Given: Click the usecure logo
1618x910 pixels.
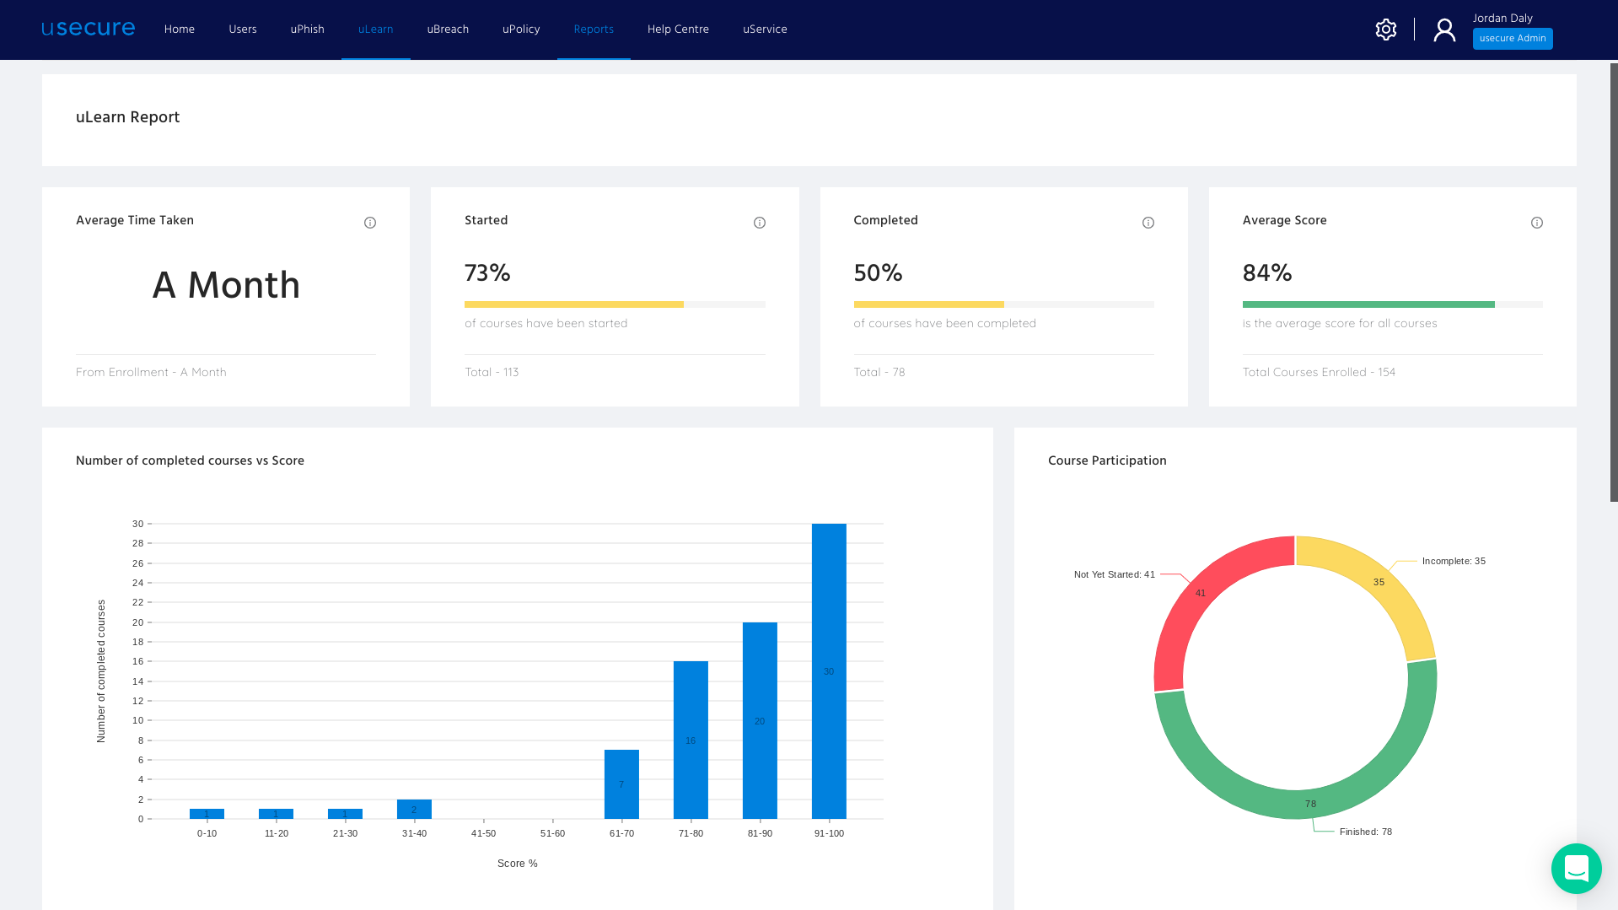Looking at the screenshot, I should tap(88, 29).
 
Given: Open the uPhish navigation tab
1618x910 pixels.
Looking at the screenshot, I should tap(307, 30).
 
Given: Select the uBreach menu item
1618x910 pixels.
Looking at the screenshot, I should tap(447, 30).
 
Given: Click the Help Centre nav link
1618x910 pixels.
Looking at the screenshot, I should tap(677, 30).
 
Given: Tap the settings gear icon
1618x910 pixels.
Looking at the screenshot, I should tap(1385, 30).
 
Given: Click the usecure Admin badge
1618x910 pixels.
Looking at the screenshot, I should tap(1512, 39).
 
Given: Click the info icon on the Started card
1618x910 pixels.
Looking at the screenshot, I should tap(759, 223).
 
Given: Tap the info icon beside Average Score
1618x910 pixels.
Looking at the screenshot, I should tap(1536, 223).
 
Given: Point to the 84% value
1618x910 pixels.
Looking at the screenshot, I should tap(1266, 273).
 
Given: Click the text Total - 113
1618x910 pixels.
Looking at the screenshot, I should tap(492, 372).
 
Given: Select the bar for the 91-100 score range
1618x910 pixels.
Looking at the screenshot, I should tap(828, 670).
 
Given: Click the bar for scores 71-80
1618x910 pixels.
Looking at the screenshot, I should tap(690, 740).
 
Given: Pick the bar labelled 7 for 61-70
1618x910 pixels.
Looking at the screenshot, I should tap(621, 783).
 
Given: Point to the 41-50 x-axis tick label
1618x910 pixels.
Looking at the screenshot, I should tap(483, 833).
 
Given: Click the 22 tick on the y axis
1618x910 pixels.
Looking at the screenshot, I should tap(137, 602).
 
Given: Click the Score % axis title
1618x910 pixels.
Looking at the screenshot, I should tap(517, 864).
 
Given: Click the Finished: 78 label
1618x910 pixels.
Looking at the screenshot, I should tap(1365, 832).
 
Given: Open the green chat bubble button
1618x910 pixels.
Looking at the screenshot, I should tap(1575, 868).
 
